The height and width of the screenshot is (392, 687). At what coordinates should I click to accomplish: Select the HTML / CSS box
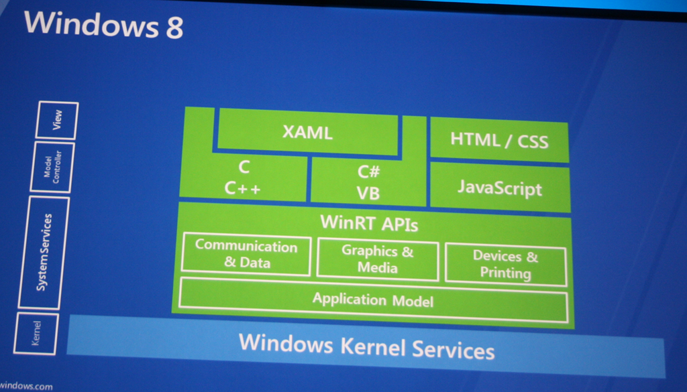499,140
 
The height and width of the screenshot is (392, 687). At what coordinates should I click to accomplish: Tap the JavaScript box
500,187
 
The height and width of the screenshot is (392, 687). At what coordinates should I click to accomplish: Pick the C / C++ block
243,179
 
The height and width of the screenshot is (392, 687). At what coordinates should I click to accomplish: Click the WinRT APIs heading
369,222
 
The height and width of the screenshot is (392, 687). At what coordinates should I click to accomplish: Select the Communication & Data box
246,255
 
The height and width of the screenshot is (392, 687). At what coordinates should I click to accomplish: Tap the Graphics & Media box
378,259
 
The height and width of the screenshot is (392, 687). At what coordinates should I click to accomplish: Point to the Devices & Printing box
505,265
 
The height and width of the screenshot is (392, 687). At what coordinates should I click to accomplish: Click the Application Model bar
373,300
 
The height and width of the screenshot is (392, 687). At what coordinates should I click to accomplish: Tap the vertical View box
58,120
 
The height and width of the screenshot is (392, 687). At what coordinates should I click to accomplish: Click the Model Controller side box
52,168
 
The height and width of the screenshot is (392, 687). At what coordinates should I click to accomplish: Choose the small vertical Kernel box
36,333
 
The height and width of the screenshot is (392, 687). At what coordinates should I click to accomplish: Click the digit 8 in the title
172,27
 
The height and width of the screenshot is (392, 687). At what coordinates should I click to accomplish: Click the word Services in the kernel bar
453,350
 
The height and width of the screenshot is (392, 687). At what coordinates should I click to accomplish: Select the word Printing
505,273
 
